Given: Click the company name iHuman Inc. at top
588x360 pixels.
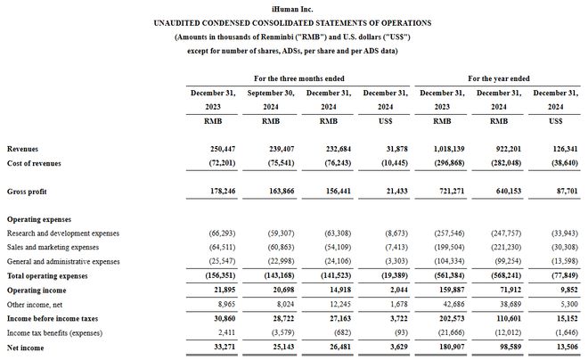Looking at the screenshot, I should pyautogui.click(x=294, y=7).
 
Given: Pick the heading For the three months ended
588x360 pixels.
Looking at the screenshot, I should pyautogui.click(x=299, y=79).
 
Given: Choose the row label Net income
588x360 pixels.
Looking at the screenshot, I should pyautogui.click(x=27, y=347).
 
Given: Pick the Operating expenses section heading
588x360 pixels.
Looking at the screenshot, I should pyautogui.click(x=41, y=218).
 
